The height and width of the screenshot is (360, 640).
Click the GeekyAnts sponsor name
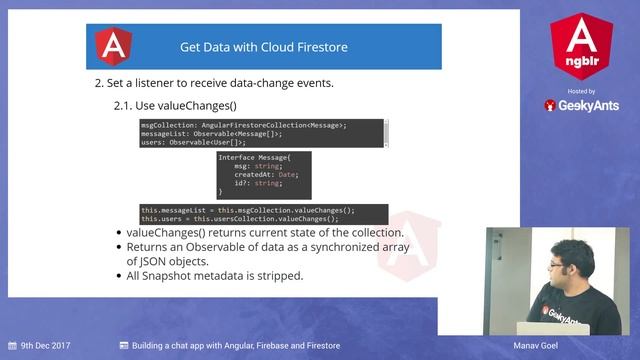point(588,105)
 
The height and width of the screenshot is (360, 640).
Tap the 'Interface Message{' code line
point(253,158)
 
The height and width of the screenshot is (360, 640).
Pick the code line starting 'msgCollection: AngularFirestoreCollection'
point(244,125)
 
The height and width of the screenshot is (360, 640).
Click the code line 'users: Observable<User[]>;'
point(193,142)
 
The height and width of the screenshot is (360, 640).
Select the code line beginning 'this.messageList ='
point(247,210)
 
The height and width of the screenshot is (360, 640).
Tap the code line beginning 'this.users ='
point(239,218)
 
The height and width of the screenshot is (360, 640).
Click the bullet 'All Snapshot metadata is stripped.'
point(214,275)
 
